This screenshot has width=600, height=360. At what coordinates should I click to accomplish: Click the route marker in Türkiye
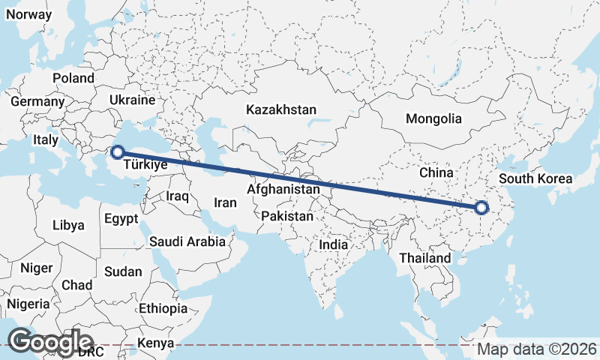pyautogui.click(x=117, y=153)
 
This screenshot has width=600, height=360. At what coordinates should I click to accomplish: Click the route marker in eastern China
pyautogui.click(x=481, y=208)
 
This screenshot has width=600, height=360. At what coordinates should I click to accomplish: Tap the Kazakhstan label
pyautogui.click(x=281, y=109)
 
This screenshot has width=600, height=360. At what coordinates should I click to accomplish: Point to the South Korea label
pyautogui.click(x=535, y=178)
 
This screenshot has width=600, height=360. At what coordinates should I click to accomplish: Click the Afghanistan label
pyautogui.click(x=283, y=190)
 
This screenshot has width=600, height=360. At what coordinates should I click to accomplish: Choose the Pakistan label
pyautogui.click(x=287, y=216)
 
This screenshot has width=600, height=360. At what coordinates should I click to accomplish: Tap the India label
pyautogui.click(x=333, y=244)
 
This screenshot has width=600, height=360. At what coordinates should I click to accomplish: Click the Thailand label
pyautogui.click(x=425, y=258)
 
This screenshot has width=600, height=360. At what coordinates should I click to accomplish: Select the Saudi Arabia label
pyautogui.click(x=187, y=241)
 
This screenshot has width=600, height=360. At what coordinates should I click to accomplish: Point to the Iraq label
pyautogui.click(x=177, y=196)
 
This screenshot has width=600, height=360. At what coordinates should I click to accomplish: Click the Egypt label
pyautogui.click(x=121, y=220)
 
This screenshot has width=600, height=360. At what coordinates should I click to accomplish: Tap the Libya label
pyautogui.click(x=69, y=225)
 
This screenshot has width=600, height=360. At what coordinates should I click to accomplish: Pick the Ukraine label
pyautogui.click(x=131, y=100)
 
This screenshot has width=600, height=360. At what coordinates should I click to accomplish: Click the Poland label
pyautogui.click(x=73, y=78)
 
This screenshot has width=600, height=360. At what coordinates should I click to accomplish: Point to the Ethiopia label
pyautogui.click(x=163, y=308)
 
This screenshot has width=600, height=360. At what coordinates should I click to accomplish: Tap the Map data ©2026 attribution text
pyautogui.click(x=537, y=349)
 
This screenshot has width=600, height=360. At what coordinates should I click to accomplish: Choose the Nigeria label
pyautogui.click(x=28, y=304)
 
